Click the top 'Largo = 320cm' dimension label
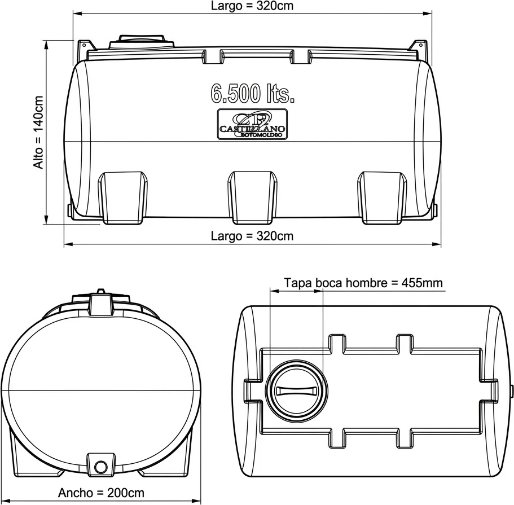pos(252,6)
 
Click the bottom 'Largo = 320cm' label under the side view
pos(252,235)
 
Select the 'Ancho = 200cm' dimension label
pos(102,493)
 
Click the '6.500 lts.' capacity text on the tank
pos(253,93)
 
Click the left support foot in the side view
pos(123,195)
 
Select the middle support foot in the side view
pos(252,195)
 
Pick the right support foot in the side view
pos(383,195)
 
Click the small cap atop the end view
pos(101,293)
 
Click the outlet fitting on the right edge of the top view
pos(511,390)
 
